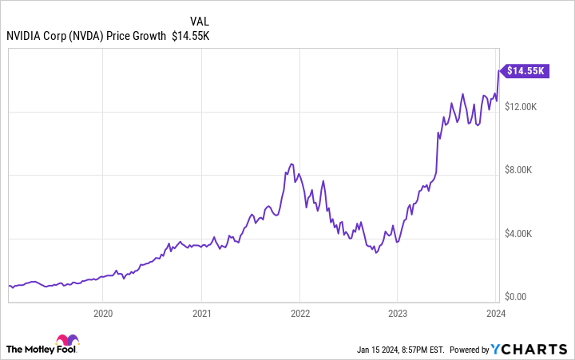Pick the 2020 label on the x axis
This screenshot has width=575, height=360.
(103, 314)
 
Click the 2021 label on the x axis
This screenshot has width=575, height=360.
(202, 314)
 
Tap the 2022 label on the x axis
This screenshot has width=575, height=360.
(299, 314)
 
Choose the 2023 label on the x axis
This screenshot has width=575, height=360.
(398, 314)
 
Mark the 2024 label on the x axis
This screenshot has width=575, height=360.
(496, 314)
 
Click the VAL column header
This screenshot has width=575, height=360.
(200, 20)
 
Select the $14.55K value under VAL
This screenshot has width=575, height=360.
(190, 35)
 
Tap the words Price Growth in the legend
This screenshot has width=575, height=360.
(141, 35)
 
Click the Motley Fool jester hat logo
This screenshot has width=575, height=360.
(68, 342)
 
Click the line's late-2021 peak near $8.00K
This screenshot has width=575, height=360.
(291, 164)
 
